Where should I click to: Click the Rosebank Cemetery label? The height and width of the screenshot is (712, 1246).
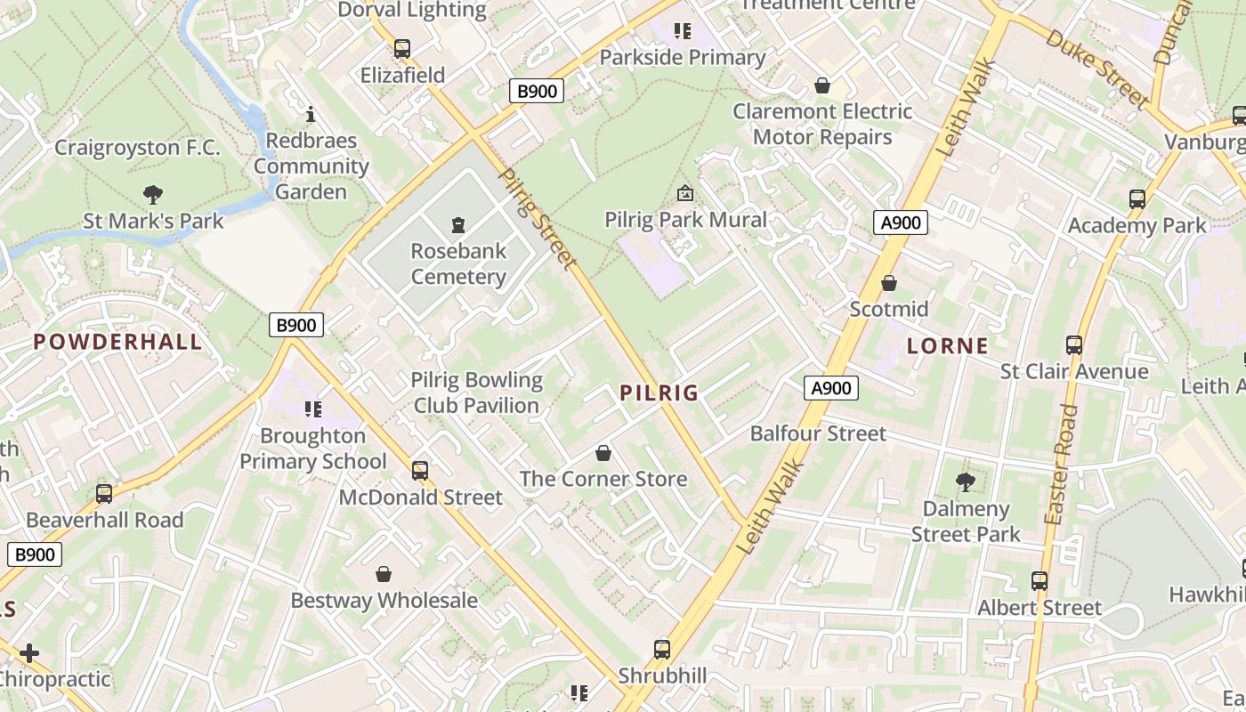458,263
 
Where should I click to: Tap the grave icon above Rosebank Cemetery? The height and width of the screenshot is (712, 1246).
458,224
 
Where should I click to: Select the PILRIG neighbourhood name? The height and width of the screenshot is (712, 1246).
659,392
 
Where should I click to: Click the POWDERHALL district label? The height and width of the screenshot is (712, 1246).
118,342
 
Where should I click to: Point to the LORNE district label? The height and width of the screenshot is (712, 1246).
948,346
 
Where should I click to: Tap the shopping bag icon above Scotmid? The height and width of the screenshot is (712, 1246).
888,283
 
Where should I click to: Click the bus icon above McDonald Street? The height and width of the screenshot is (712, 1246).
420,470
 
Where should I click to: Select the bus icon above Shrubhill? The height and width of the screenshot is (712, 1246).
662,649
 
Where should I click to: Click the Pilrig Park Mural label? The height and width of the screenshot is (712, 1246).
685,219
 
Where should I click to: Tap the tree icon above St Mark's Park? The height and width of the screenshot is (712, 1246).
153,194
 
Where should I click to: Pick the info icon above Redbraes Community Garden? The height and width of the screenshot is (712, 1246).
311,114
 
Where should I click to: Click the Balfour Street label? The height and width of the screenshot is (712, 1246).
818,433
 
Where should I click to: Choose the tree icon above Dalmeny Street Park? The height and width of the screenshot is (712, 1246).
965,482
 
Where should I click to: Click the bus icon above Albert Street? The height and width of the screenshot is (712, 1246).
1039,581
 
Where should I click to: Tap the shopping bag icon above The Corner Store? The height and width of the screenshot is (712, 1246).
603,453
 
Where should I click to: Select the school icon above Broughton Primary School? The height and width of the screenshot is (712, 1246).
312,409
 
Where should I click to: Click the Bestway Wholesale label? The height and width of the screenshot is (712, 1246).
384,600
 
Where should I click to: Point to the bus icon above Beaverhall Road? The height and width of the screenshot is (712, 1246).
104,493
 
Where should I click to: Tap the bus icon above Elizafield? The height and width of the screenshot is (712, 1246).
402,49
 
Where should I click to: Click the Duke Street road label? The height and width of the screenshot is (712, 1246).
1096,69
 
